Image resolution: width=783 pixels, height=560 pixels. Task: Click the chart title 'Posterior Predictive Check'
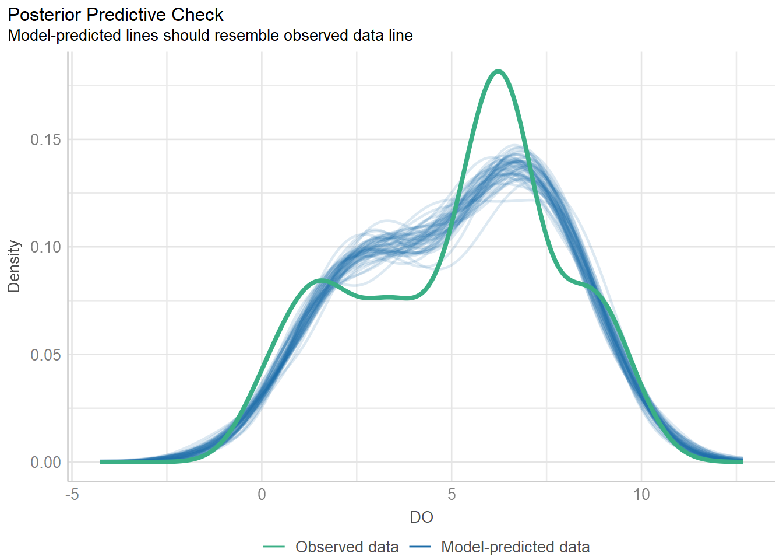[115, 15]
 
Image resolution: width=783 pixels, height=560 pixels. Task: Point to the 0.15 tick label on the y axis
[45, 139]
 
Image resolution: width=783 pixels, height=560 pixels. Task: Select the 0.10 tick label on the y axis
[45, 247]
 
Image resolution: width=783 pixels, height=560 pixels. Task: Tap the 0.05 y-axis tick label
[45, 355]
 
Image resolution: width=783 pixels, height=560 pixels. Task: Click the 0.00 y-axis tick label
[45, 462]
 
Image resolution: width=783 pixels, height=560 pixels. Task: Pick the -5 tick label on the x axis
[72, 495]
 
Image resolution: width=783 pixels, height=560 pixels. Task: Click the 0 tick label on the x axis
[262, 495]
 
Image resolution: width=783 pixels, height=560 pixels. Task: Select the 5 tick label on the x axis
[452, 495]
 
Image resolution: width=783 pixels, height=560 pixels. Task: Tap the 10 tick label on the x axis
[641, 495]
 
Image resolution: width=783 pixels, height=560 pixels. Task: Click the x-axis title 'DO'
[421, 517]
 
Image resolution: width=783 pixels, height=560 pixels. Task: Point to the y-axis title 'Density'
[14, 267]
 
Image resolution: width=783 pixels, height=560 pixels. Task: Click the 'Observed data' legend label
[347, 547]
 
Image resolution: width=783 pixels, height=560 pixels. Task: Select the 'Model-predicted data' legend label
[515, 547]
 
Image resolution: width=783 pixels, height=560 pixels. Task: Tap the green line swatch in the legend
[274, 547]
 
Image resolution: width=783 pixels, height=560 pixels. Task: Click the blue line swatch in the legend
[419, 547]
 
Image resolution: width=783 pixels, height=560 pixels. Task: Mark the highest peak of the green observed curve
[498, 71]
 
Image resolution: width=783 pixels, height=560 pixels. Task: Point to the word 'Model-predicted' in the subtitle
[64, 36]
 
